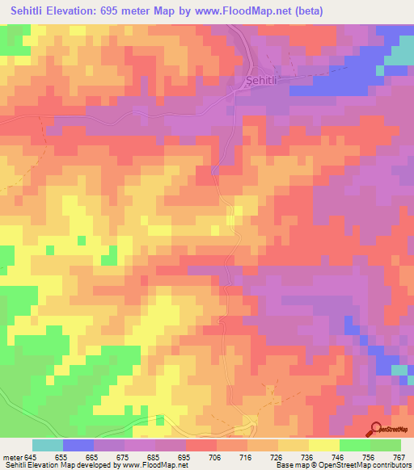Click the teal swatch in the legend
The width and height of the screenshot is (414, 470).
click(48, 445)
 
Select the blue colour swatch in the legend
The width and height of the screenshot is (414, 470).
click(78, 445)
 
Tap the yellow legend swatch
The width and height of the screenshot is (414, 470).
click(323, 445)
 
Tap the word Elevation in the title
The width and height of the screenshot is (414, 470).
click(86, 12)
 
